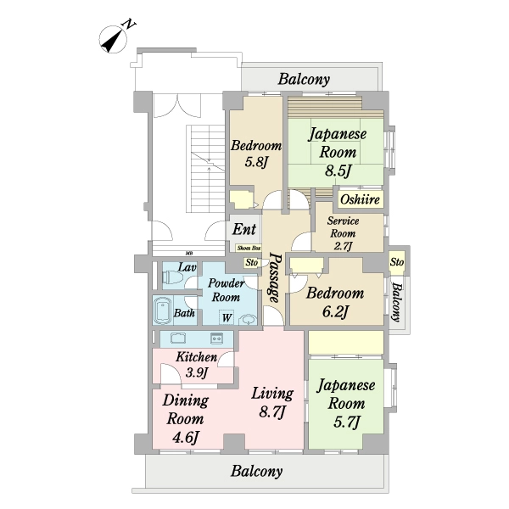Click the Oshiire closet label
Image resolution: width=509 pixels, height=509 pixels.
(x=361, y=200)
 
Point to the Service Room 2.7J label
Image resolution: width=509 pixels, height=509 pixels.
(x=344, y=233)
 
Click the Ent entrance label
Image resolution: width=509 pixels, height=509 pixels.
(x=244, y=229)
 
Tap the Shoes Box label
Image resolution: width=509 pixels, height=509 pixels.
(x=248, y=248)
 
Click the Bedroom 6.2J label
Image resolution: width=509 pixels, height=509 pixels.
(x=335, y=303)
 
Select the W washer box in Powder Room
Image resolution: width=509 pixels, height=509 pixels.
(x=227, y=318)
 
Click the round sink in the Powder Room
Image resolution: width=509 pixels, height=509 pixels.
(x=247, y=320)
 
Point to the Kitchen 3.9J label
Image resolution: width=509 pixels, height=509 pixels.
(x=196, y=365)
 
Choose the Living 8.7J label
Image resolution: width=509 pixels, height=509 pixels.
(x=271, y=402)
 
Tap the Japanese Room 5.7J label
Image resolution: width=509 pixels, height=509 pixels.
(x=346, y=403)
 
